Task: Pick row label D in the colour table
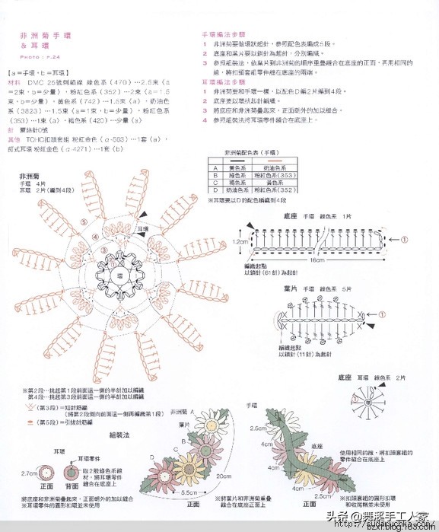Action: (216, 193)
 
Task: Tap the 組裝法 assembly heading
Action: (120, 435)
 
